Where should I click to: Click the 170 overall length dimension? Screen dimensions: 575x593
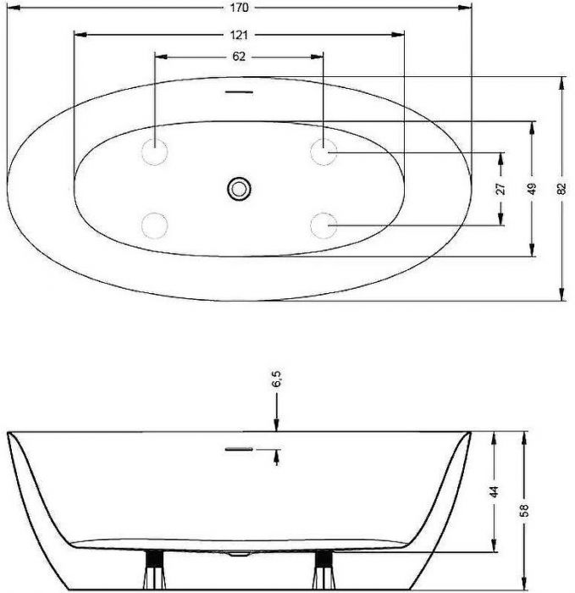click(x=240, y=8)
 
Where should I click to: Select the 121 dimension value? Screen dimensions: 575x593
click(x=239, y=36)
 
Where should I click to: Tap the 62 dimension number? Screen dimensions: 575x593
click(x=239, y=57)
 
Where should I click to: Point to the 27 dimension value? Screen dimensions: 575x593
click(x=500, y=188)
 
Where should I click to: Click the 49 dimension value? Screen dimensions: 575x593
click(x=532, y=189)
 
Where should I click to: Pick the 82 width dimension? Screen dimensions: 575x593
click(x=561, y=189)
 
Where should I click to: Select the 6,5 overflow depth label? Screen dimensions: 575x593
click(x=277, y=379)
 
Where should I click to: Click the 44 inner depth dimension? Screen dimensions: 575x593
click(x=494, y=491)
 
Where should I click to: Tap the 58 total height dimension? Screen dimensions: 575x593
click(x=524, y=510)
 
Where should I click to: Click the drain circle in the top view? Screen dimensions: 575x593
click(x=240, y=189)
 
